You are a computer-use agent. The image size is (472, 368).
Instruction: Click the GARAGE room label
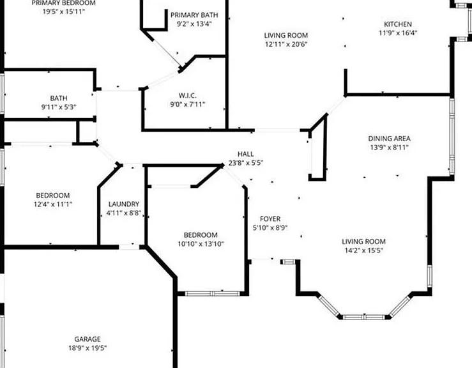click(88, 339)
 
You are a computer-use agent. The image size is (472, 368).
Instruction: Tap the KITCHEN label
click(398, 24)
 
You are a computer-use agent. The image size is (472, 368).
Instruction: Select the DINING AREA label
click(389, 139)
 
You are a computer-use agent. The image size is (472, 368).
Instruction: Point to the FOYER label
click(270, 219)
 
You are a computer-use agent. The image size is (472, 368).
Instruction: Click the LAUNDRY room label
click(124, 204)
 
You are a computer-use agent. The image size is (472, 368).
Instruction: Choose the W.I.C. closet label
click(188, 95)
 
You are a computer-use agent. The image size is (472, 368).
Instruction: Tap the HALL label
click(246, 154)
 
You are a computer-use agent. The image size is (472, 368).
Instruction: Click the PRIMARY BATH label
click(194, 15)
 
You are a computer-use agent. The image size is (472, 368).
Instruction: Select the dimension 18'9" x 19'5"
click(88, 348)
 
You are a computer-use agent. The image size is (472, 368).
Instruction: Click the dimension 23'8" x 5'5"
click(246, 163)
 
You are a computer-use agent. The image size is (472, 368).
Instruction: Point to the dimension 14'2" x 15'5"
click(363, 250)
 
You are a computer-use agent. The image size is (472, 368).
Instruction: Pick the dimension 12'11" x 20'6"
click(285, 44)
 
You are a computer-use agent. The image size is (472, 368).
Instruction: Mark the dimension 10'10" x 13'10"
click(201, 243)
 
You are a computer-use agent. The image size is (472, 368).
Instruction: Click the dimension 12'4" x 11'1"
click(52, 204)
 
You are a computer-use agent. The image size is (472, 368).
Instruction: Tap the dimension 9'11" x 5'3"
click(59, 107)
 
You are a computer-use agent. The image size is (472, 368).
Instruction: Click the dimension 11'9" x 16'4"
click(398, 33)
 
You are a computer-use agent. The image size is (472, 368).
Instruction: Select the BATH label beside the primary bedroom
click(59, 98)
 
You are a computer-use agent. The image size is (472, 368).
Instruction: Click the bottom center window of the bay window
click(364, 317)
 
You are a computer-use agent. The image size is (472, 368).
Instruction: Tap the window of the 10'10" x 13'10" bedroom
click(212, 294)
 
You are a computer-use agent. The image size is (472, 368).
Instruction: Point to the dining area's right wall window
click(452, 136)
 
